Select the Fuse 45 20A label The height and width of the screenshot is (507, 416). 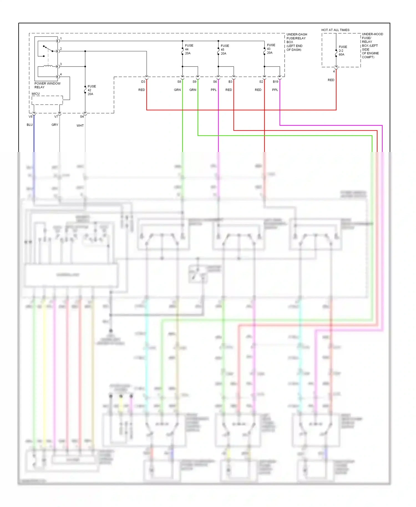tap(224, 50)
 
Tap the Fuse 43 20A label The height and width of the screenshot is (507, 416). tap(271, 49)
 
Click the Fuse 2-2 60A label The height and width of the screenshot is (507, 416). tap(343, 51)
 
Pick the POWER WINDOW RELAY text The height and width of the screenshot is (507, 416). tap(47, 85)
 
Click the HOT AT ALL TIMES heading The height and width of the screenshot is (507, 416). tap(335, 30)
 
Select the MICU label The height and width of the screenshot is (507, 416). tap(36, 94)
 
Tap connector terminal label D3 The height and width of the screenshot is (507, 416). tap(143, 82)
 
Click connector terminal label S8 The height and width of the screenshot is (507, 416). tap(179, 82)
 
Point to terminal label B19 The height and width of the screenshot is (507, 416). tap(275, 82)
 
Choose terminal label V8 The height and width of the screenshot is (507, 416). tap(31, 117)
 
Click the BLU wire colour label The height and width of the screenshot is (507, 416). tap(30, 125)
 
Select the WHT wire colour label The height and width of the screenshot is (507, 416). tap(80, 126)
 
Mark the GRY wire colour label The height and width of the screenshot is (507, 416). tap(55, 125)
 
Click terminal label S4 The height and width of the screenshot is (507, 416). tap(82, 117)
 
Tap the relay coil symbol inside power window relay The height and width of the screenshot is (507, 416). tap(48, 66)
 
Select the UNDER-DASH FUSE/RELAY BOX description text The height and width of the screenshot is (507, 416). tap(296, 42)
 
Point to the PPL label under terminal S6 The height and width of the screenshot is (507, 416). tap(214, 90)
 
